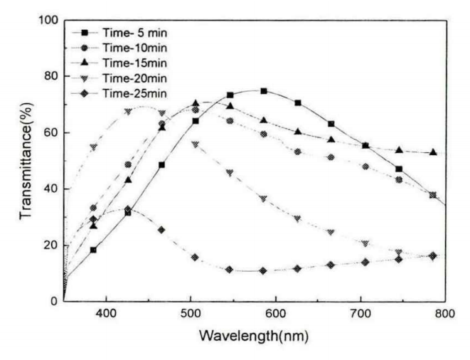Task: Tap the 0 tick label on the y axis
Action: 54,302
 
